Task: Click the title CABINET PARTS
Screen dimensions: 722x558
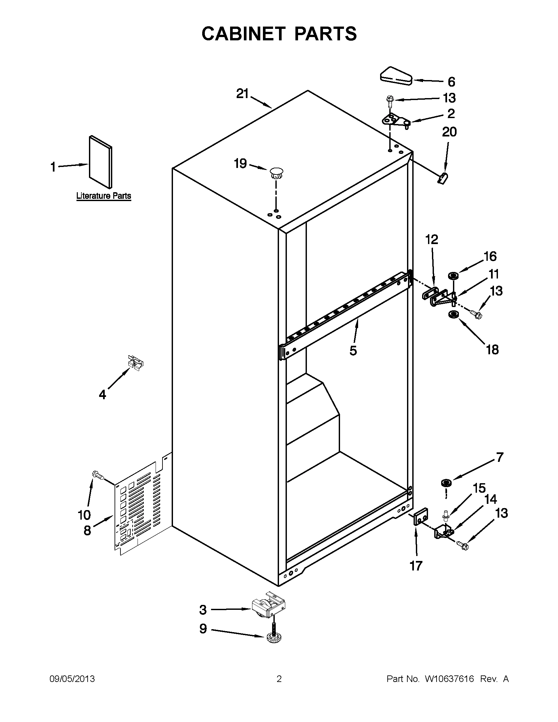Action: coord(279,34)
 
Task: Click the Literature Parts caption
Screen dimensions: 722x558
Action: coord(103,196)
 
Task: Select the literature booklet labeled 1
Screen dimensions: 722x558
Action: coord(100,162)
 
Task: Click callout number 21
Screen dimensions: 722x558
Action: coord(242,94)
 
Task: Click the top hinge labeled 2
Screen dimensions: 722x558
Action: coord(396,120)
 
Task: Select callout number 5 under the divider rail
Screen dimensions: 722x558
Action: coord(353,350)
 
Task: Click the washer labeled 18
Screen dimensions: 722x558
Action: coord(452,314)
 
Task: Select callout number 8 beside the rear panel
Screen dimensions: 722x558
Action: coord(87,530)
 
